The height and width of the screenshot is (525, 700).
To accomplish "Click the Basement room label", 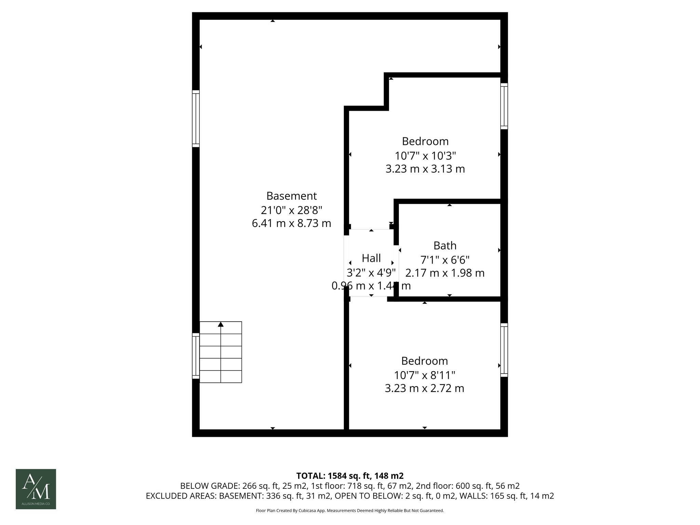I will pos(292,196).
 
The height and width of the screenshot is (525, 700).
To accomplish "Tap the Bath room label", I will pos(445,245).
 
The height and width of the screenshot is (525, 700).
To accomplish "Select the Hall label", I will pos(371,258).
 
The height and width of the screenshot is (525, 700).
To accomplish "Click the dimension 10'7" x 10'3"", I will pos(425,156).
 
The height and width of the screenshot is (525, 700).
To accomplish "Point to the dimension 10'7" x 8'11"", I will pos(425,375).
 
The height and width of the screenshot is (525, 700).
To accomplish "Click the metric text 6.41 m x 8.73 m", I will pos(292,223).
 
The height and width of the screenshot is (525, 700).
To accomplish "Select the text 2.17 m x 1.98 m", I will pos(445,273).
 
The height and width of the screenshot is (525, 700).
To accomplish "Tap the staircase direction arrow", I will pos(221,324).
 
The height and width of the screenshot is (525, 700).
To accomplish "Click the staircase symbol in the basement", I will pos(221,352).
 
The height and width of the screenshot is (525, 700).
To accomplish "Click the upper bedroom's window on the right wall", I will pos(504,106).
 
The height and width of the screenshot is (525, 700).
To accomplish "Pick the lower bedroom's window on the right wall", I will pos(504,350).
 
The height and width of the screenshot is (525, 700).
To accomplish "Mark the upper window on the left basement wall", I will pos(196,119).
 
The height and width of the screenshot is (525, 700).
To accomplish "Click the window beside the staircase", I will pos(196,356).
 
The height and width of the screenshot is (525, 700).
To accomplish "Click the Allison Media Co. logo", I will pos(36,489).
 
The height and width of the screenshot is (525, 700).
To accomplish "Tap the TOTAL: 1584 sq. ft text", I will pos(350,475).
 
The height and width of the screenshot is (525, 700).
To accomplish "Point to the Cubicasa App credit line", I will pos(350,511).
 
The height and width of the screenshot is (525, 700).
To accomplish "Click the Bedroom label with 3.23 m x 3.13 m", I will pos(425,141).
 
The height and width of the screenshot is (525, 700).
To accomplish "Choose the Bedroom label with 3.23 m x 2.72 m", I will pos(425,361).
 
